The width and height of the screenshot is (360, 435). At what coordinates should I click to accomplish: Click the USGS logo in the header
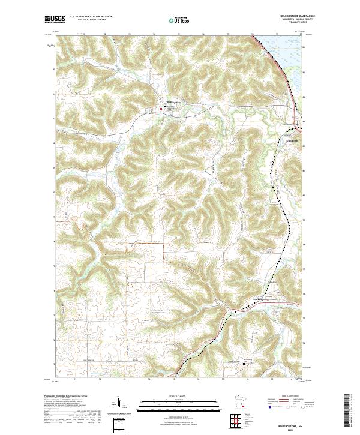click(x=55, y=19)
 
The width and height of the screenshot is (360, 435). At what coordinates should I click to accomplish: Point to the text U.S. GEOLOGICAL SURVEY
click(x=91, y=20)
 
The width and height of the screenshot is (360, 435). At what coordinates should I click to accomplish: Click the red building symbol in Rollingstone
click(x=160, y=109)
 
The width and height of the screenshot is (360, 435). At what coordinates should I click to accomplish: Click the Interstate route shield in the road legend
click(x=265, y=406)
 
